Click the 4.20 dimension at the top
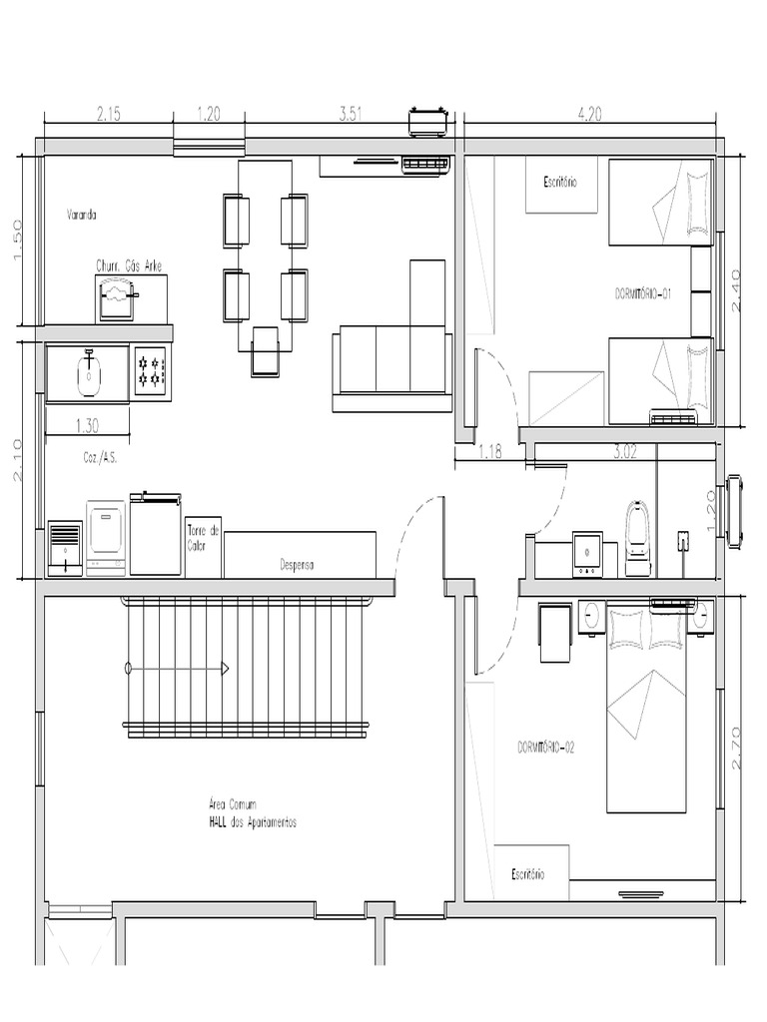point(590,115)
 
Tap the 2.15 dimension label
point(108,115)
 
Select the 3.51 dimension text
point(351,115)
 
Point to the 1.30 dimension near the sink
point(87,425)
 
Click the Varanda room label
point(82,214)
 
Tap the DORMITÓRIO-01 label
point(642,293)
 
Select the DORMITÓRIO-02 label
point(546,748)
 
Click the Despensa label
point(297,565)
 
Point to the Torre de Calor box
point(203,546)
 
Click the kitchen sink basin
point(89,371)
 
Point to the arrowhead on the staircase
point(226,667)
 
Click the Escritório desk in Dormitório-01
point(561,185)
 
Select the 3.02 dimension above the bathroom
point(625,452)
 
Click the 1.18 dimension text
point(488,452)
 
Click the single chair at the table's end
point(267,351)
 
